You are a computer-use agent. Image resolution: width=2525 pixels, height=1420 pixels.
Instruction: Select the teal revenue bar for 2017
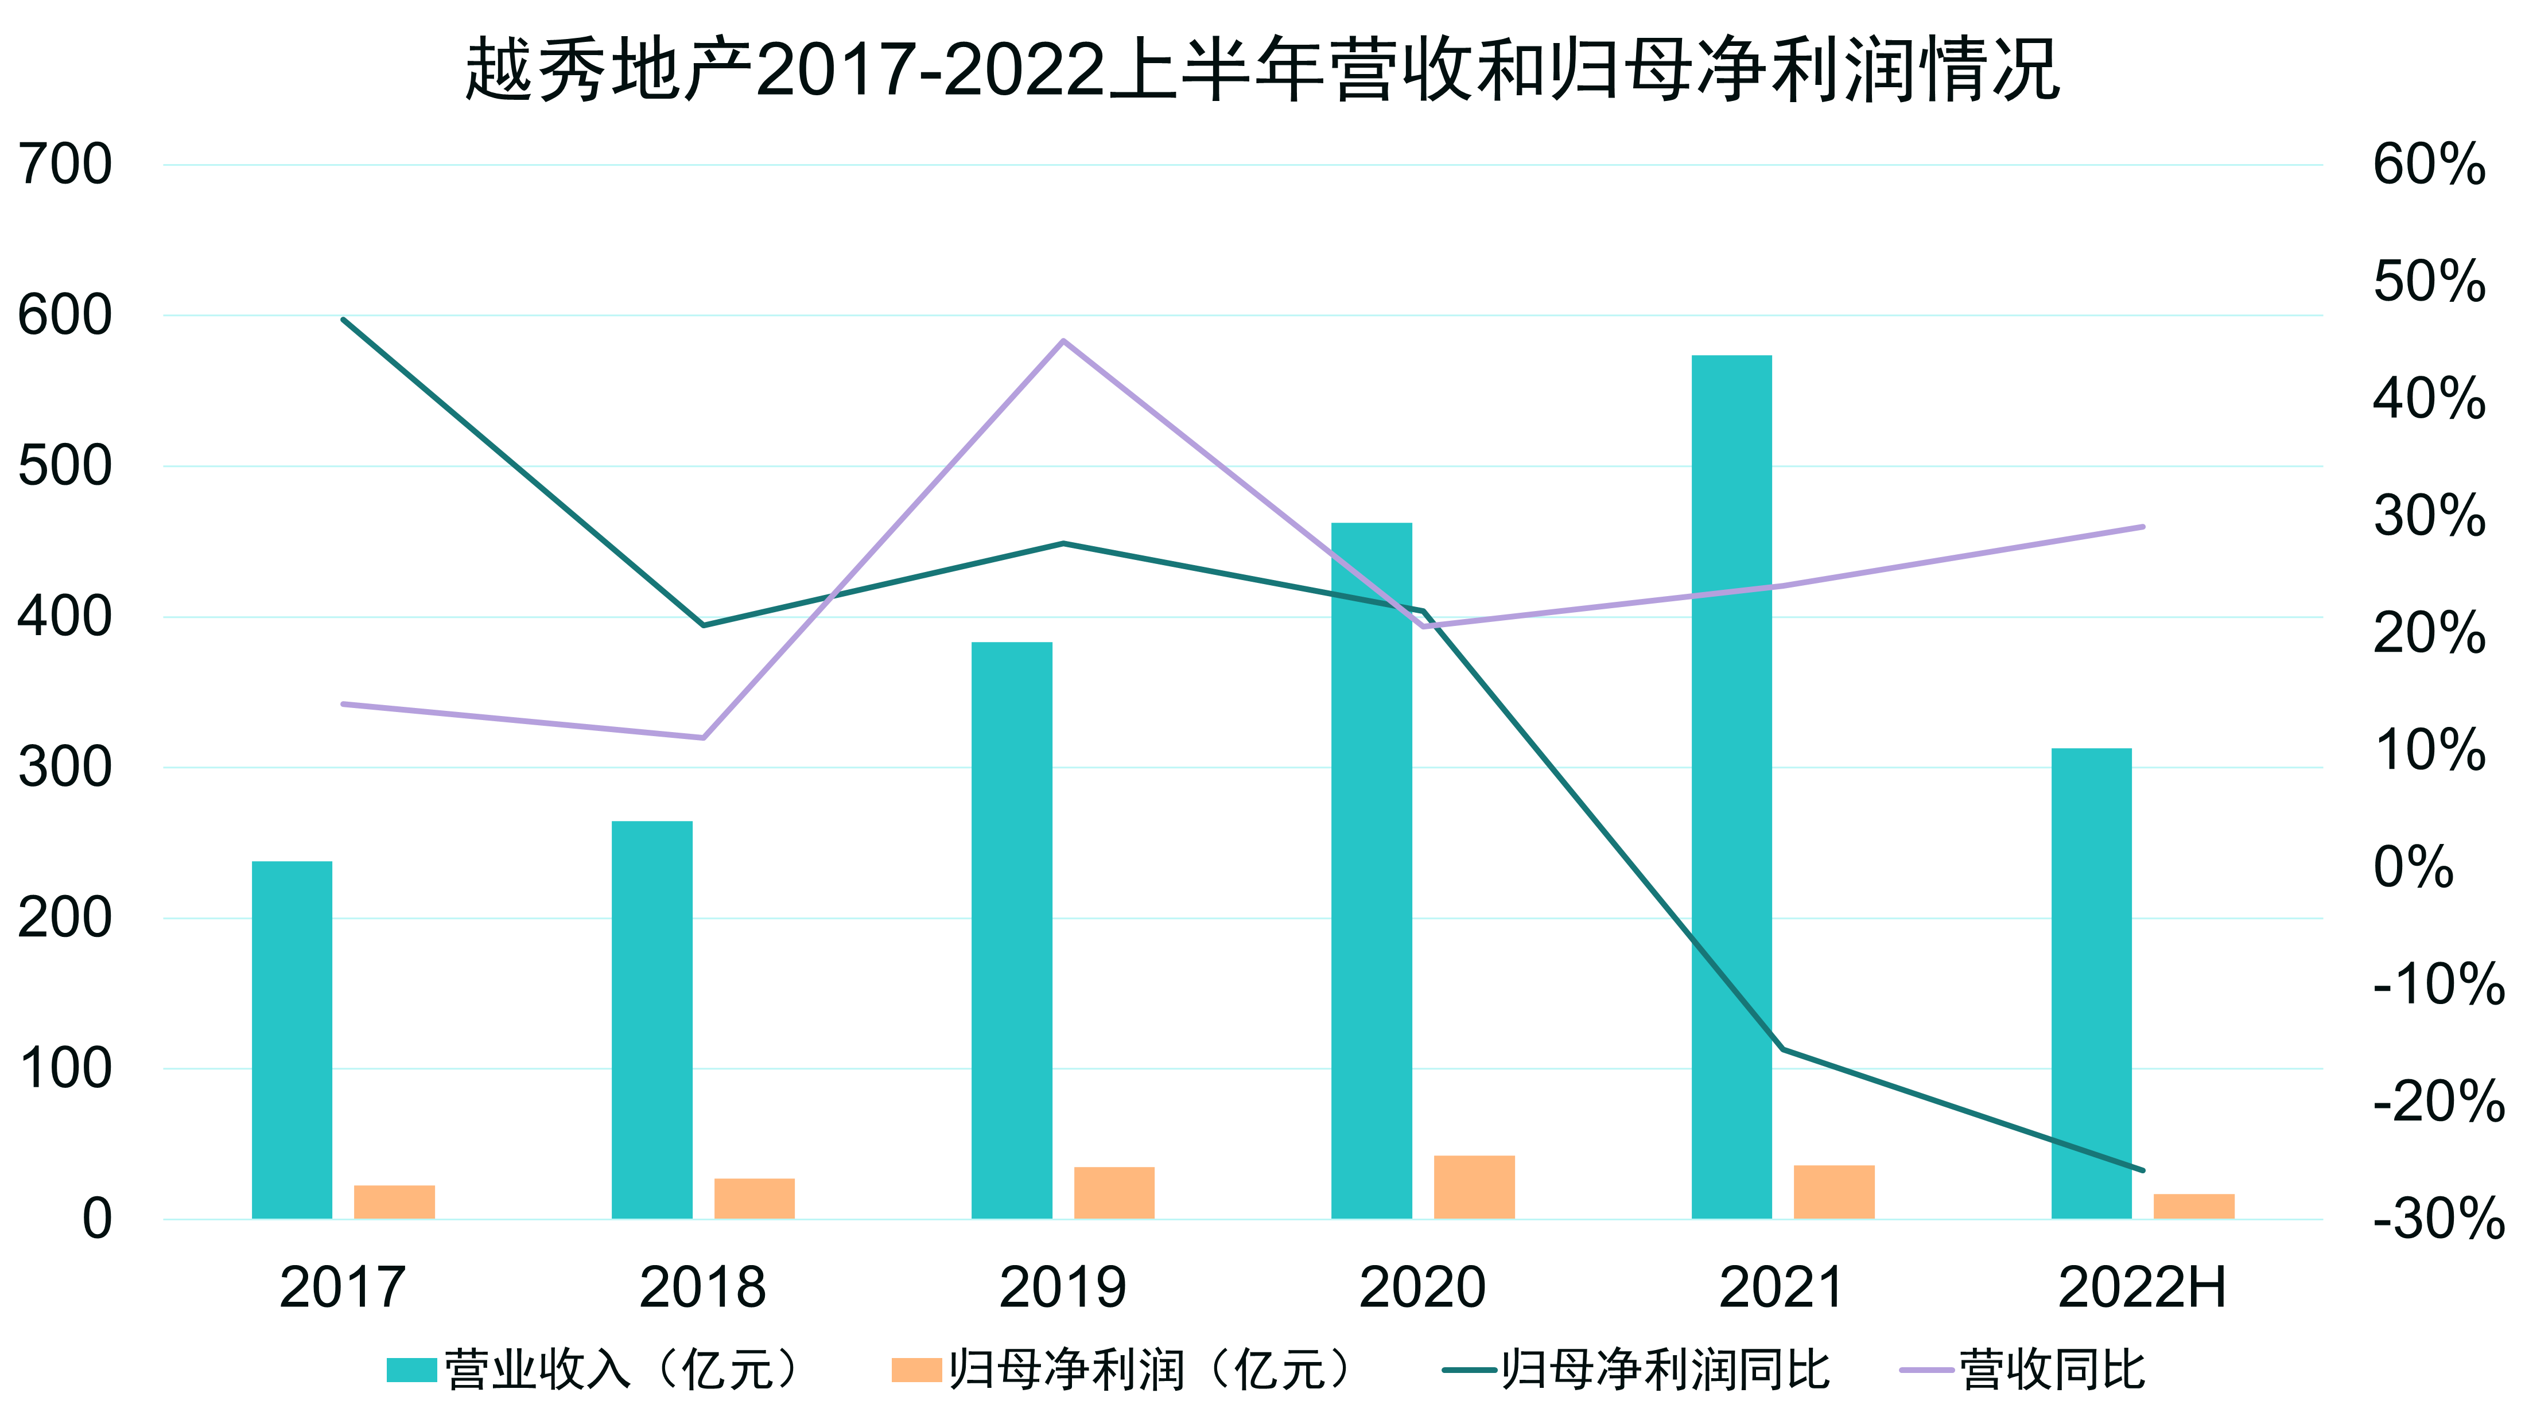coord(292,1040)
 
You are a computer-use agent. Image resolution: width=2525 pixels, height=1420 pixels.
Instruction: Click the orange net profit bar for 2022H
coord(2194,1207)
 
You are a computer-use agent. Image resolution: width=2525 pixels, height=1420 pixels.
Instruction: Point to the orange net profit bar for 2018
coord(755,1199)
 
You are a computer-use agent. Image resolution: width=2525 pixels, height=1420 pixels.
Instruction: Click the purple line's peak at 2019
coord(1063,341)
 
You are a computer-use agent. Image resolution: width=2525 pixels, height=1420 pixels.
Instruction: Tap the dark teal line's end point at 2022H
coord(2143,1170)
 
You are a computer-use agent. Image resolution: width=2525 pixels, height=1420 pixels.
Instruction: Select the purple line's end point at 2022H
coord(2143,527)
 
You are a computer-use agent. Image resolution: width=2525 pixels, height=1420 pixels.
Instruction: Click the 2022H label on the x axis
coord(2143,1287)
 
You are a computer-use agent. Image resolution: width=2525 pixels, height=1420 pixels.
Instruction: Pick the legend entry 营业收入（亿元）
coord(598,1369)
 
